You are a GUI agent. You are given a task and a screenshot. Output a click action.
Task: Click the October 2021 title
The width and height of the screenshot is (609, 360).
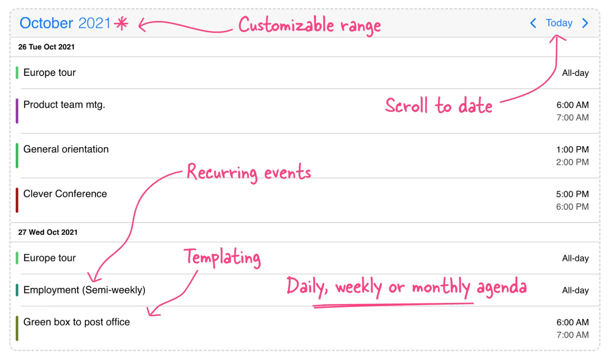65,23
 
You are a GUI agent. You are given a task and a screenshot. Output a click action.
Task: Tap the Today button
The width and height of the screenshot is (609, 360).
559,23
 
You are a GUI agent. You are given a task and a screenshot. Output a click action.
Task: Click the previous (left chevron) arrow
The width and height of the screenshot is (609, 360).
533,23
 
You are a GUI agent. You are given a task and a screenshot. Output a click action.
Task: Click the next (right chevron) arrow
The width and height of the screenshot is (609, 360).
585,23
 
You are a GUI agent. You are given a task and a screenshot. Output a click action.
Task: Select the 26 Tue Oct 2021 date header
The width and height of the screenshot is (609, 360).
46,47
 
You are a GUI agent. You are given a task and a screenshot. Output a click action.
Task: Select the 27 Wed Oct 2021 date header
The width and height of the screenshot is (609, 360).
48,232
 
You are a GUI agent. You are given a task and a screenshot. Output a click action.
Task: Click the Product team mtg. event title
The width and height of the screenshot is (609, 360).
64,105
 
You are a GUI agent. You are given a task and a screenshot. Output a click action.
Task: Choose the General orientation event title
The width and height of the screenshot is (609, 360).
66,149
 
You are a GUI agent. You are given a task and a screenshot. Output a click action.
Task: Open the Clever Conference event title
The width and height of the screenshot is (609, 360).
65,194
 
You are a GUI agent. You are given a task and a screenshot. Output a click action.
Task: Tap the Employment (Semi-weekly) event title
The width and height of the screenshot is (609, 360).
84,290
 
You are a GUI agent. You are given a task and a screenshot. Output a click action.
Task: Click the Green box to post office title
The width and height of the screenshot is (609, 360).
77,322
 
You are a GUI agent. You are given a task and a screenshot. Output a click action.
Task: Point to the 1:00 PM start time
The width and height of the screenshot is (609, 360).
572,149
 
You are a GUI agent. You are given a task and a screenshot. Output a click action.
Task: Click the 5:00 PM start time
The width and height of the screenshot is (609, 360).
572,194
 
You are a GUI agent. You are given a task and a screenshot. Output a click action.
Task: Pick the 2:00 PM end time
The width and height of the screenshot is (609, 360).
572,162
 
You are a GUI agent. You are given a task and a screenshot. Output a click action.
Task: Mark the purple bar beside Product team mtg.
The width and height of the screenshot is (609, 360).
17,111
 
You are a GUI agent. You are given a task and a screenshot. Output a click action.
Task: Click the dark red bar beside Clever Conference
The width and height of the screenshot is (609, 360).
17,200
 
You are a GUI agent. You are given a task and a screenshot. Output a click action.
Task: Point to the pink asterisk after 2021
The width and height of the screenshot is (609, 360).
121,24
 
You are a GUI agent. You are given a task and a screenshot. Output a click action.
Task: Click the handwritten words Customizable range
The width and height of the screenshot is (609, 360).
310,25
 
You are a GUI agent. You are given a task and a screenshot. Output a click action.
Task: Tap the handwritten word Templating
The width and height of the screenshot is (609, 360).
222,258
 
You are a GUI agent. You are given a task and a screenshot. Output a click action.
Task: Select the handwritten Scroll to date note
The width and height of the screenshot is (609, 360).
439,106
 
